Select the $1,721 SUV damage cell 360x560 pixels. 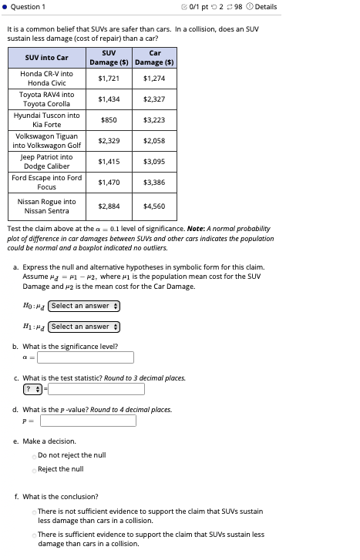click(x=109, y=79)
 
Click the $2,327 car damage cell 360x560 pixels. click(x=154, y=99)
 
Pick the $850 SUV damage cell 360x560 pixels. click(x=109, y=120)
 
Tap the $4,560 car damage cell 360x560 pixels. click(x=154, y=206)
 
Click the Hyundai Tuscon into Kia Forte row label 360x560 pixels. click(x=47, y=120)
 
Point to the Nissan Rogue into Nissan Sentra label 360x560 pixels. click(x=47, y=206)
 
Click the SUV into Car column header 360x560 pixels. click(x=47, y=58)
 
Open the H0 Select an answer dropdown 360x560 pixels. click(x=84, y=306)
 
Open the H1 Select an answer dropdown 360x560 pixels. click(x=84, y=327)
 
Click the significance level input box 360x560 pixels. click(x=86, y=357)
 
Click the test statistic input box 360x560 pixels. click(x=96, y=389)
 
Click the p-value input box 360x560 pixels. click(x=87, y=421)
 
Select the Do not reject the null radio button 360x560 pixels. click(x=35, y=455)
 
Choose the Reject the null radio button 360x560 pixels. click(x=35, y=469)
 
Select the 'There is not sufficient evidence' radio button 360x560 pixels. click(x=35, y=511)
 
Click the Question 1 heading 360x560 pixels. click(x=29, y=7)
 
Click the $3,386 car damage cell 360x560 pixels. click(x=154, y=183)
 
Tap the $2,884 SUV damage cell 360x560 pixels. click(x=109, y=206)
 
